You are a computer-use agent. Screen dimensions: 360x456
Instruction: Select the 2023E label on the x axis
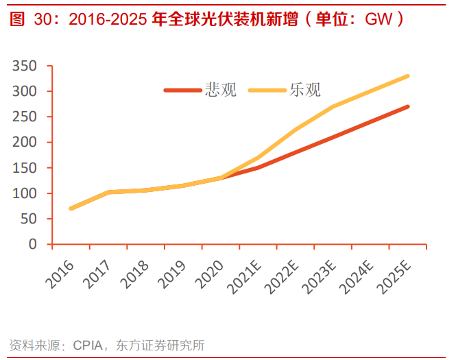pyautogui.click(x=320, y=273)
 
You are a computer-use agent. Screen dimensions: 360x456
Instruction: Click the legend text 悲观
pyautogui.click(x=221, y=90)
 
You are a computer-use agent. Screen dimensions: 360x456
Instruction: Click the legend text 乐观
pyautogui.click(x=305, y=90)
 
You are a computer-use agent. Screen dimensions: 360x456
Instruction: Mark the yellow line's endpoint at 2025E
pyautogui.click(x=408, y=76)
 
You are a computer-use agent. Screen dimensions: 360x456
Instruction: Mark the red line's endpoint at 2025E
pyautogui.click(x=408, y=106)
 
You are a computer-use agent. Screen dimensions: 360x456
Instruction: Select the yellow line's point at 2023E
pyautogui.click(x=333, y=106)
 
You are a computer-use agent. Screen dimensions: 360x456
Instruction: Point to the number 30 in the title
pyautogui.click(x=43, y=19)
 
